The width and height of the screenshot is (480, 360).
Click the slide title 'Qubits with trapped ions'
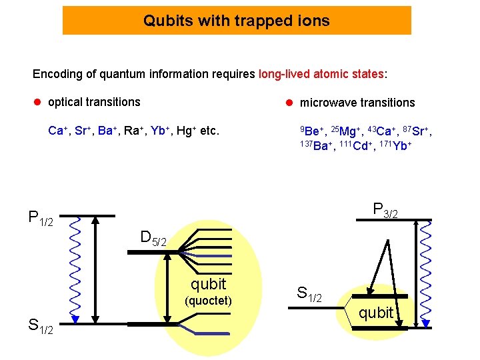click(x=237, y=21)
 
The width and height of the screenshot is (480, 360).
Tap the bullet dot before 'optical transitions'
click(x=38, y=102)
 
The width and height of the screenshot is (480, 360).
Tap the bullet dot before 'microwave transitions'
click(x=290, y=103)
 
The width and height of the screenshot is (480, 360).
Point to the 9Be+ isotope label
click(x=311, y=131)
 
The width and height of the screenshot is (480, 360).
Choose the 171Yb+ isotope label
click(x=393, y=146)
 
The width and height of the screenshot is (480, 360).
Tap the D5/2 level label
click(x=157, y=237)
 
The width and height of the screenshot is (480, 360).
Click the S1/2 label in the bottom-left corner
click(x=43, y=326)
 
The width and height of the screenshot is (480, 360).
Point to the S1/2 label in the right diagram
click(x=309, y=293)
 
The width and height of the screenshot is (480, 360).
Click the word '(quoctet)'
click(x=208, y=301)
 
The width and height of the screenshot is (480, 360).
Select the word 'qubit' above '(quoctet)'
click(x=208, y=284)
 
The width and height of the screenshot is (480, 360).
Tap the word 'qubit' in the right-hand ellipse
click(x=376, y=313)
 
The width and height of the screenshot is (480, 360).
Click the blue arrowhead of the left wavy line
click(x=75, y=319)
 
